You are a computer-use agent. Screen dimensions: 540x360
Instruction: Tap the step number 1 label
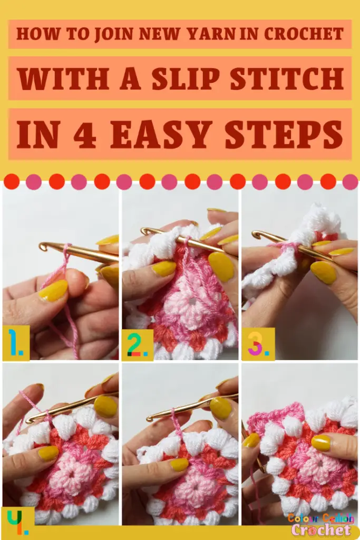[x=16, y=343]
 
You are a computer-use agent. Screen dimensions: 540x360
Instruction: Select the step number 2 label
[x=137, y=344]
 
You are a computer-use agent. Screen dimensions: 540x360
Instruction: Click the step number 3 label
[x=258, y=343]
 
